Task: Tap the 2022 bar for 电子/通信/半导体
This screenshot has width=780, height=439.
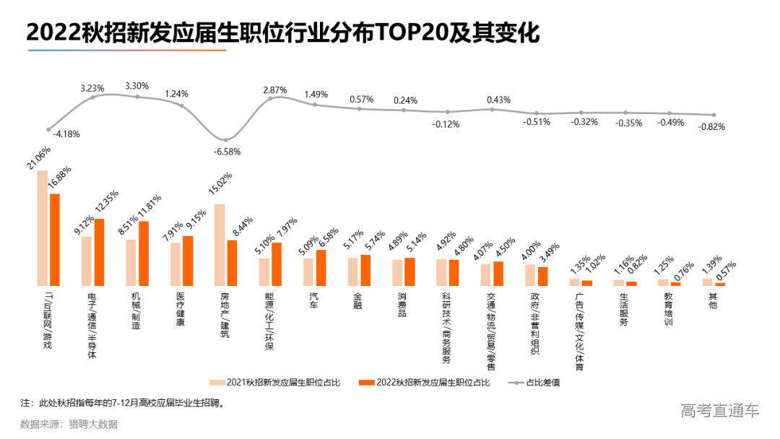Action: [99, 252]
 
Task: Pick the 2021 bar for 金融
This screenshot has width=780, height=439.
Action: [352, 271]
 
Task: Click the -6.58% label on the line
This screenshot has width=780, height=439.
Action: [227, 152]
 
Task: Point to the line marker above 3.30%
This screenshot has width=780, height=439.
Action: [137, 97]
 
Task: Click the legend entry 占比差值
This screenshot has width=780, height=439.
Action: [542, 383]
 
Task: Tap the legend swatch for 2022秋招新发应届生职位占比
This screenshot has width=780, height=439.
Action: [366, 383]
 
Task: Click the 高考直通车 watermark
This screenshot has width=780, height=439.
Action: [720, 411]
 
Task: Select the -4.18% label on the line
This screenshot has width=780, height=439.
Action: [66, 134]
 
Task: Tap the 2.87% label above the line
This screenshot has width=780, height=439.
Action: [275, 90]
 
